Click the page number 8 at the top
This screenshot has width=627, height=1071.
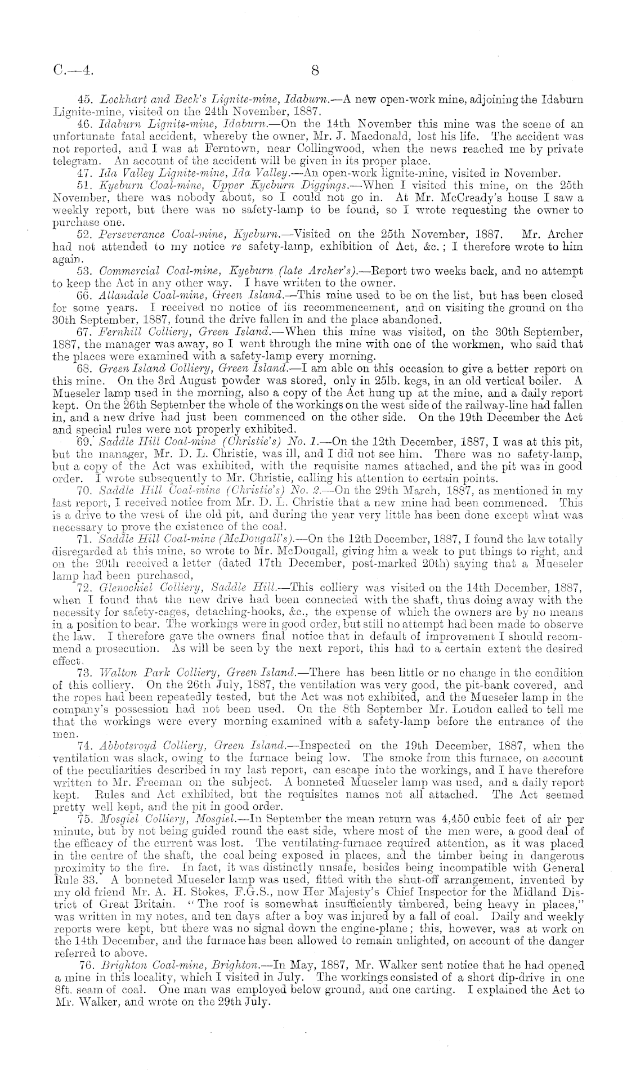315,70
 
